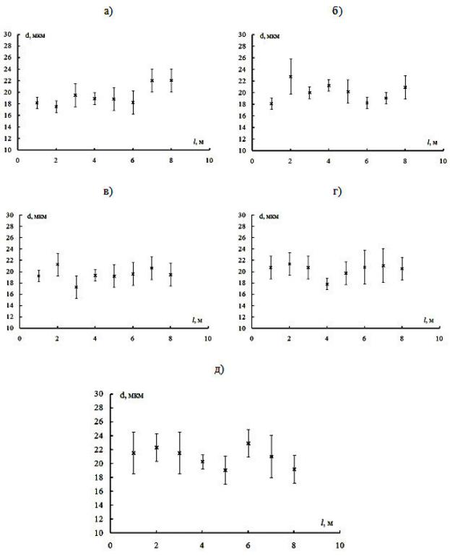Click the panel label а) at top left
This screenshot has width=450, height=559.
click(108, 12)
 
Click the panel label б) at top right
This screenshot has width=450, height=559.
click(337, 11)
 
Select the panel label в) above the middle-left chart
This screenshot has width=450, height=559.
click(108, 192)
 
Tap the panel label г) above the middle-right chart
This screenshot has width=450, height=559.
click(337, 192)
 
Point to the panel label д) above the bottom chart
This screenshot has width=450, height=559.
click(219, 370)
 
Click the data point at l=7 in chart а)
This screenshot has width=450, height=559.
click(152, 80)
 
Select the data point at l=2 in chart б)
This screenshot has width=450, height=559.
click(290, 76)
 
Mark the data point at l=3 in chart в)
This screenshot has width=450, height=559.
click(76, 287)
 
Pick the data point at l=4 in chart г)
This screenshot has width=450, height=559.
click(326, 284)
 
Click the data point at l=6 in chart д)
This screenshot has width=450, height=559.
click(248, 443)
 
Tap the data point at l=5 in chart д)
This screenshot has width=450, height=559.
click(225, 470)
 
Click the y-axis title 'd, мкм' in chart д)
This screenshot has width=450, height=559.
click(131, 396)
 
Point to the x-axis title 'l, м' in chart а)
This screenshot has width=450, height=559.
click(199, 142)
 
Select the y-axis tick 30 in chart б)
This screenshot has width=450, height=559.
click(242, 35)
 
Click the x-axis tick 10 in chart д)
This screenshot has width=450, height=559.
click(339, 545)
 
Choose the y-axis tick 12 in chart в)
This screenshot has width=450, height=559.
click(9, 317)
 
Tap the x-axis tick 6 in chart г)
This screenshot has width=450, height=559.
click(364, 338)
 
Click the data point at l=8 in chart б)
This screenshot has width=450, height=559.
click(405, 88)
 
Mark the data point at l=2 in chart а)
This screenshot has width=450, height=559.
click(56, 106)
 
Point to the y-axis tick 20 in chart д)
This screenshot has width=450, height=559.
click(98, 464)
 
